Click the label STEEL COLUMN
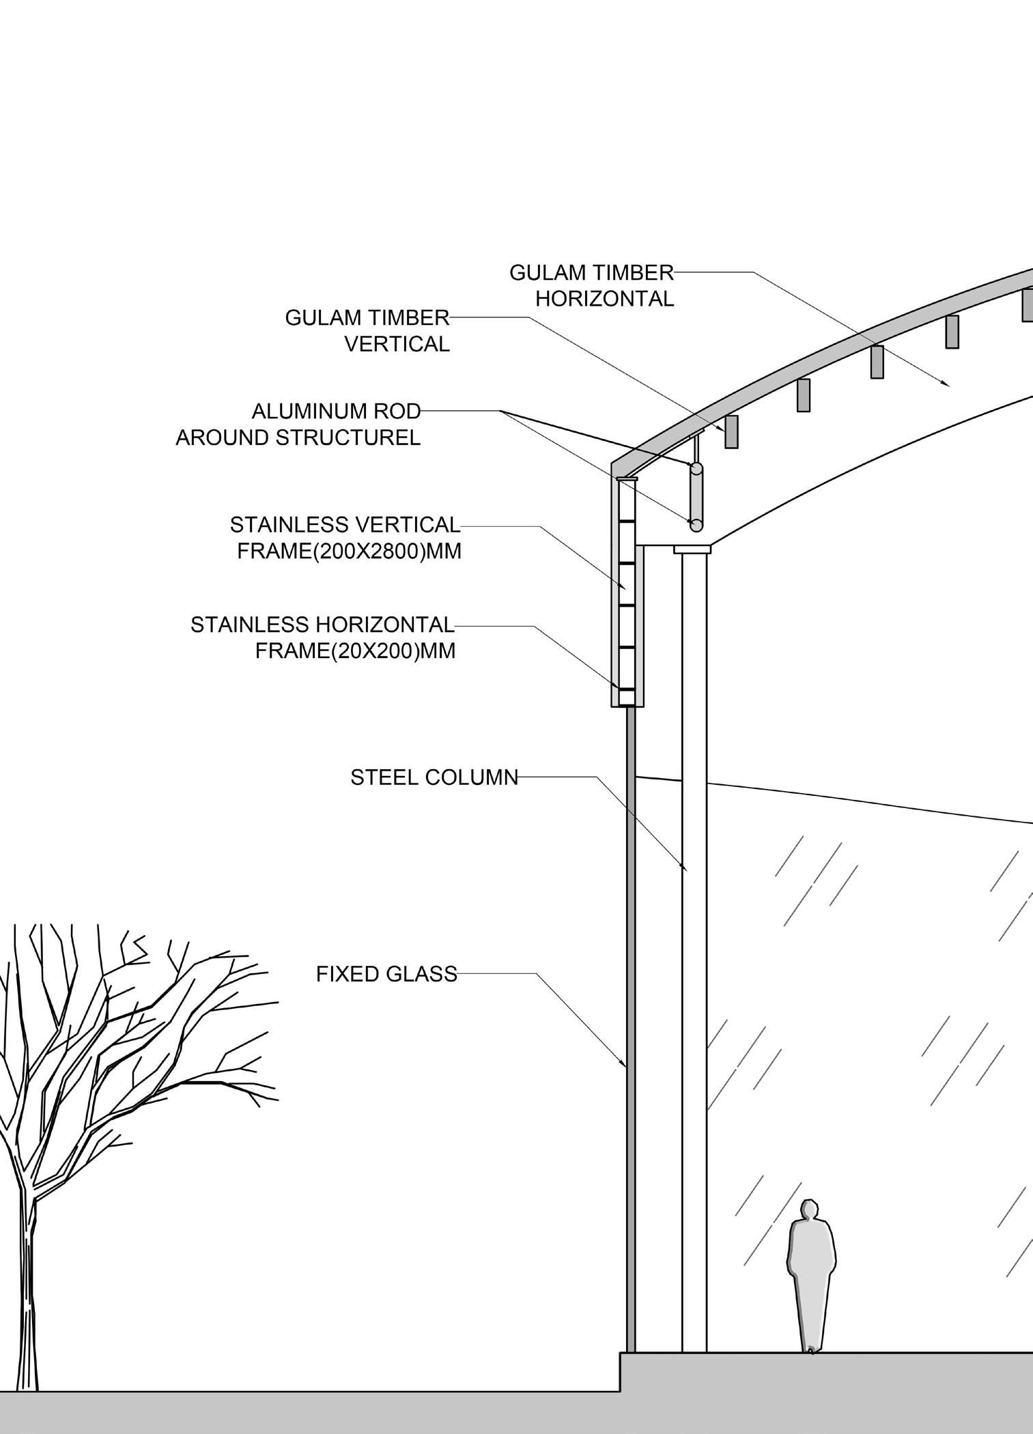point(434,777)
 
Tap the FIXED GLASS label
point(386,974)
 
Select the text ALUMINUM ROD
point(336,412)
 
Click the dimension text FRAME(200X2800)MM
point(349,551)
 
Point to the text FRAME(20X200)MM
point(355,651)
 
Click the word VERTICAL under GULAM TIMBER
point(397,344)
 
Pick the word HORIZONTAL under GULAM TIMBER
point(604,299)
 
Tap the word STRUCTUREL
point(348,438)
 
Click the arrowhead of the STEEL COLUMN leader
point(685,870)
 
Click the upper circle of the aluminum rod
point(696,469)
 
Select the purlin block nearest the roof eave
point(731,431)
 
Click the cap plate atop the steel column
point(692,549)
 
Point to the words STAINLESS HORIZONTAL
point(322,625)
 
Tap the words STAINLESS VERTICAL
point(345,525)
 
